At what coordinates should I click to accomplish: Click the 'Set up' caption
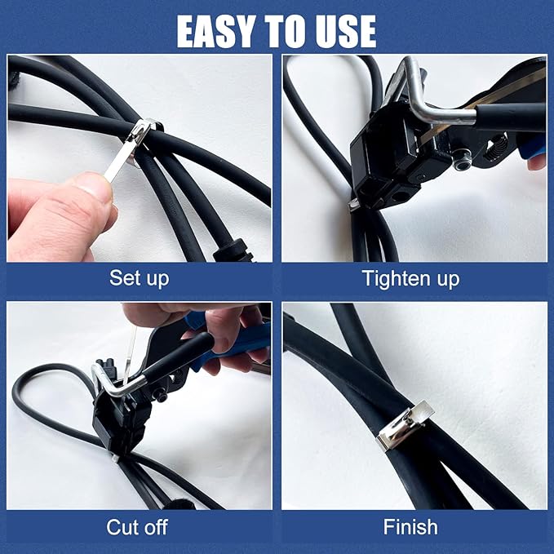pos(139,278)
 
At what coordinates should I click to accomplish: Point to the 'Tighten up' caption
pos(411,278)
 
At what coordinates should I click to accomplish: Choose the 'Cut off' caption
pos(137,527)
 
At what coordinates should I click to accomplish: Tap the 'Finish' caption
pos(411,527)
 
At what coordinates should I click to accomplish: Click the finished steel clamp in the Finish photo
pos(404,428)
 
